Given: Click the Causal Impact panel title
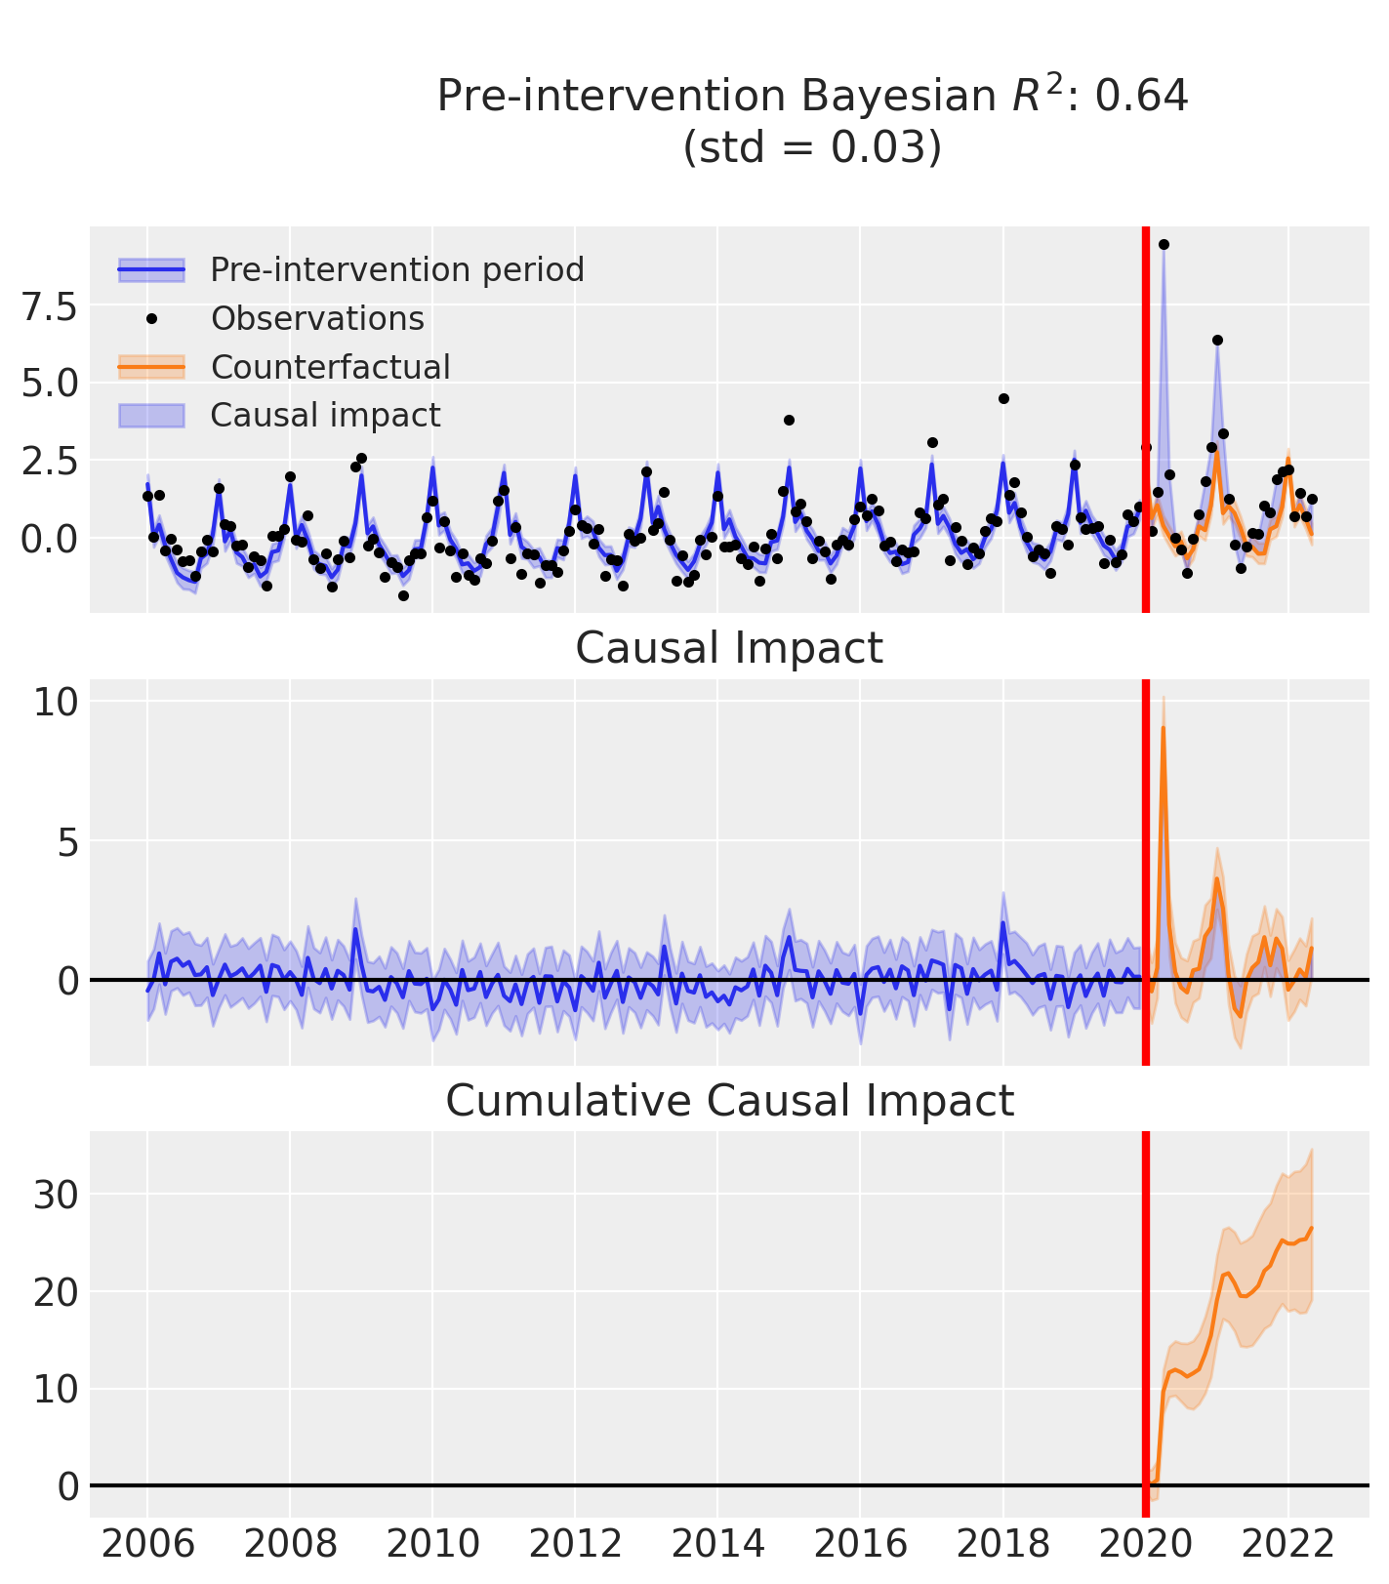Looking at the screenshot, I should (x=729, y=648).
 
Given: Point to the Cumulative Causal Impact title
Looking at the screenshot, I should (x=729, y=1101).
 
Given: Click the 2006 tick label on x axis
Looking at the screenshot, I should (x=147, y=1546).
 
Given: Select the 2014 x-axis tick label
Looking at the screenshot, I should (x=717, y=1546).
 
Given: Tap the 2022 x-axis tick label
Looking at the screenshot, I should (x=1287, y=1546).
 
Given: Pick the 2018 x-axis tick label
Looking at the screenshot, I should (x=1002, y=1546).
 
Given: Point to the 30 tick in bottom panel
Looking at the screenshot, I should (x=55, y=1195).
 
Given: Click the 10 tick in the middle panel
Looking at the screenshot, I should (x=55, y=702).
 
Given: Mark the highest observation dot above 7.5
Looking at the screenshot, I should (x=1164, y=244).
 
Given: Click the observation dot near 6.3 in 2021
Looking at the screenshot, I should (x=1217, y=340).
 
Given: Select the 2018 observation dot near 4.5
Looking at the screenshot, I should (x=1003, y=398).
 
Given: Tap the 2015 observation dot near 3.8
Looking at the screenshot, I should (x=789, y=420).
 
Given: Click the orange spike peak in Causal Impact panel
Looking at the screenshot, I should (x=1163, y=728).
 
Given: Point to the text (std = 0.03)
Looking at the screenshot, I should (x=812, y=147).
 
